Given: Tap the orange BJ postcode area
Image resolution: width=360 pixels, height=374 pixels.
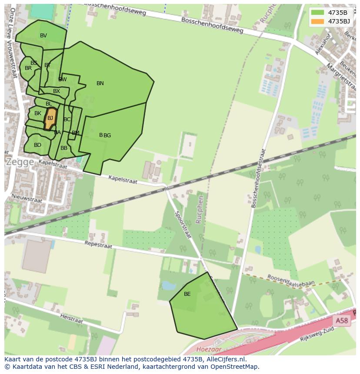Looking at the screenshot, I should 50,119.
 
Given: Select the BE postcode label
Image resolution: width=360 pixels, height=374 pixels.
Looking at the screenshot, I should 187,294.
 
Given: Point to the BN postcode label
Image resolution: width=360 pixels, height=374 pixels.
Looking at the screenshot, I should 100,83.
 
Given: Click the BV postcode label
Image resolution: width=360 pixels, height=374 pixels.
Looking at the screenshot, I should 43,36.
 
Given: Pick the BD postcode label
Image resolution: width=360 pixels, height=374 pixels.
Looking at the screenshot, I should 37,145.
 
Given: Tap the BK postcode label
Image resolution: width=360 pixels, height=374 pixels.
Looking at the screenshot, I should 38,113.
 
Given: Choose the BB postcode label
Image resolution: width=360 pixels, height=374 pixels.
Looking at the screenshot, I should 64,148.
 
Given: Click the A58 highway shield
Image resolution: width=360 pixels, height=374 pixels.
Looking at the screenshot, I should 341,321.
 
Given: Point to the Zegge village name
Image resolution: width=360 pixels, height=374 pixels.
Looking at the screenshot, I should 20,162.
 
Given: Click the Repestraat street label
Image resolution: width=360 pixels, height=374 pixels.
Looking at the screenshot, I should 98,244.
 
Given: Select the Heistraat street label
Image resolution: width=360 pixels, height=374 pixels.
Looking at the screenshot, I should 71,319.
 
